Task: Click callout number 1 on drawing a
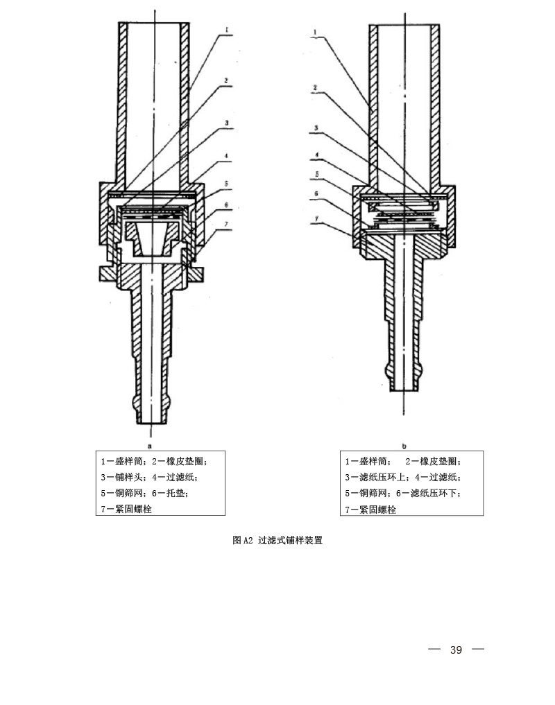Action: (x=228, y=30)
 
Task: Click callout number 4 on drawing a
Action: (x=227, y=163)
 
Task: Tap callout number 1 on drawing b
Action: (x=314, y=31)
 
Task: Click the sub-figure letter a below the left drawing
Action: (x=149, y=446)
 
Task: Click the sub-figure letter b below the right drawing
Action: (x=404, y=446)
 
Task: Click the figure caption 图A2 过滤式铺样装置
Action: (x=277, y=541)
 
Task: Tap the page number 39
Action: (x=456, y=650)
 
